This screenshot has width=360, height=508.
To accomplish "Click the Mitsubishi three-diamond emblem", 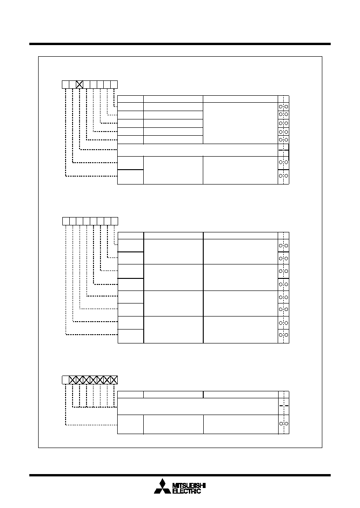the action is pyautogui.click(x=162, y=487).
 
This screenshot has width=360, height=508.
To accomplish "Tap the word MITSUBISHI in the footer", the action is pyautogui.click(x=189, y=486).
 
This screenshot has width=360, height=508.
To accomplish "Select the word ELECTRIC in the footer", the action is pyautogui.click(x=187, y=491).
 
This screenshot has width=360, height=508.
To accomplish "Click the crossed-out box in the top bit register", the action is pyautogui.click(x=80, y=85).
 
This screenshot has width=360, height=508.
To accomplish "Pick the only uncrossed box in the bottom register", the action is pyautogui.click(x=66, y=380).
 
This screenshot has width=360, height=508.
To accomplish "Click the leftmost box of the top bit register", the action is pyautogui.click(x=66, y=85).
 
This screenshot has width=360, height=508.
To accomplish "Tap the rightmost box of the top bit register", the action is pyautogui.click(x=114, y=85).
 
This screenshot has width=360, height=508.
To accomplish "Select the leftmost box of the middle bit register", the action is pyautogui.click(x=66, y=221).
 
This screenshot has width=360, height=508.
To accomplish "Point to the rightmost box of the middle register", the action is pyautogui.click(x=114, y=221).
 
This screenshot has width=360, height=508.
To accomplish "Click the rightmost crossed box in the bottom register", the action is pyautogui.click(x=114, y=380).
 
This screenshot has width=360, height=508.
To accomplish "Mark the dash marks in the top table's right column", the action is pyautogui.click(x=283, y=150).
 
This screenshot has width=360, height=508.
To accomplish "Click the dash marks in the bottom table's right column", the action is pyautogui.click(x=284, y=406).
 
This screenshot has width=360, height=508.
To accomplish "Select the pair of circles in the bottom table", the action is pyautogui.click(x=284, y=424).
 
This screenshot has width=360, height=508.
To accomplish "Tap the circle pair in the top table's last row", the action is pyautogui.click(x=283, y=176).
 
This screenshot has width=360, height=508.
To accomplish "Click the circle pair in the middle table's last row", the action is pyautogui.click(x=283, y=335).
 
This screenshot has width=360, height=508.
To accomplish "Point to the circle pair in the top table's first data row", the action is pyautogui.click(x=283, y=106).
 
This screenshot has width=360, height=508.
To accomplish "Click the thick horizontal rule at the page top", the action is pyautogui.click(x=180, y=44).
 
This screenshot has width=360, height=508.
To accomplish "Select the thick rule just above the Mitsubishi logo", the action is pyautogui.click(x=180, y=475).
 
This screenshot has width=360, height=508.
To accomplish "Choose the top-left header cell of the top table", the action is pyautogui.click(x=130, y=99).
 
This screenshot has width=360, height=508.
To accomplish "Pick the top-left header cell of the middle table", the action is pyautogui.click(x=131, y=236).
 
